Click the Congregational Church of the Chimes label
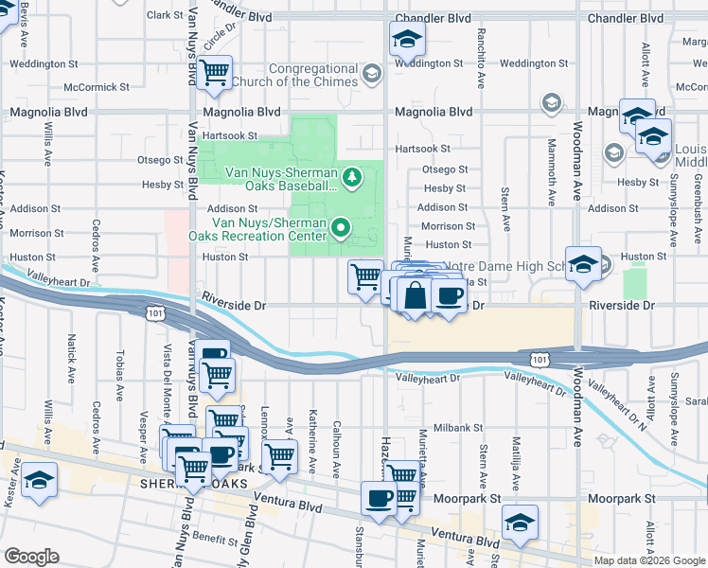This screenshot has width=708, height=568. (312, 75)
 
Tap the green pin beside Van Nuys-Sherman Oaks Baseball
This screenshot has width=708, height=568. (352, 177)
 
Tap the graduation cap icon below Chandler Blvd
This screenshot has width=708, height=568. (407, 39)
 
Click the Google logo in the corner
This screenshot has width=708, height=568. (31, 557)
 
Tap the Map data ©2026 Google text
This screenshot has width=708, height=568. (648, 560)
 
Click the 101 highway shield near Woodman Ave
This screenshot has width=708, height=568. (539, 359)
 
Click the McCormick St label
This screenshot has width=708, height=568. (97, 87)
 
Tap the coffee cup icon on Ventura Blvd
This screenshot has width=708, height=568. (379, 498)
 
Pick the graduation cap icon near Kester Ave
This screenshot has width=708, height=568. (39, 480)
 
